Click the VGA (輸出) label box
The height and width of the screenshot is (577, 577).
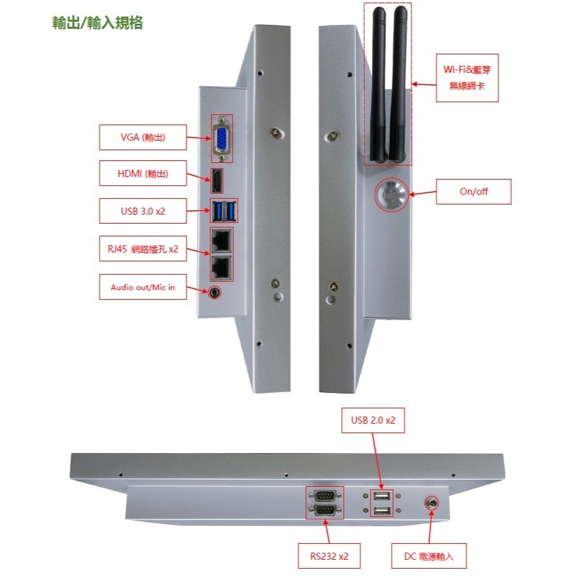click(x=142, y=137)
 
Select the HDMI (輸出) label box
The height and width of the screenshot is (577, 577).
click(x=142, y=173)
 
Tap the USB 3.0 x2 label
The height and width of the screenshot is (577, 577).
click(x=142, y=212)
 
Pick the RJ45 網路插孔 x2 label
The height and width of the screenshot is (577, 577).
click(x=142, y=249)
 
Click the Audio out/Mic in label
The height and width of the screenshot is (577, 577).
click(x=142, y=287)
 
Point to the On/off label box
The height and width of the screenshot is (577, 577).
click(x=473, y=192)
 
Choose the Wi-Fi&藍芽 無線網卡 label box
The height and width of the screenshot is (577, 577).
click(x=467, y=78)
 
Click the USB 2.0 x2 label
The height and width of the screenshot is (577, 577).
click(x=373, y=420)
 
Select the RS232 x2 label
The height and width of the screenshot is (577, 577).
click(x=329, y=556)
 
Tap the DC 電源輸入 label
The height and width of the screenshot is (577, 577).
click(x=429, y=556)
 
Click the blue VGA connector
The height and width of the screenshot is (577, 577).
click(x=222, y=139)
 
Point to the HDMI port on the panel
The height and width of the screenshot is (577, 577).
click(x=217, y=181)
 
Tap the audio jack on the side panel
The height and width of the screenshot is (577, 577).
click(x=214, y=293)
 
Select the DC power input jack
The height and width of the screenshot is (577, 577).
click(x=432, y=503)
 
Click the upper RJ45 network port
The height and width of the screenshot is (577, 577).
click(x=222, y=240)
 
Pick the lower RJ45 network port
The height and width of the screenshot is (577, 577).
click(x=222, y=268)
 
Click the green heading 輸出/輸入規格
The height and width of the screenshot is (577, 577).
click(x=98, y=23)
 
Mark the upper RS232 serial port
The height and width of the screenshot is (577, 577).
click(x=325, y=496)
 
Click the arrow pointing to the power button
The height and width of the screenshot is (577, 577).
click(x=422, y=193)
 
